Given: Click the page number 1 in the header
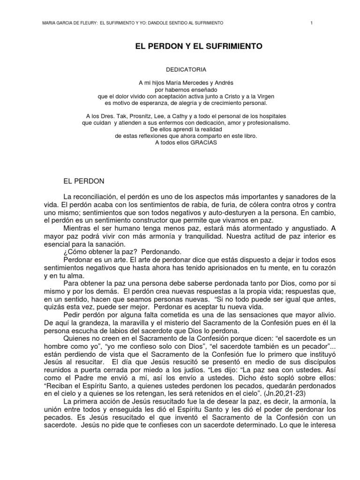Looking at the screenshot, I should (x=311, y=23).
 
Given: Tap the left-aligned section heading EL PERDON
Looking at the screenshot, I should (x=84, y=180).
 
